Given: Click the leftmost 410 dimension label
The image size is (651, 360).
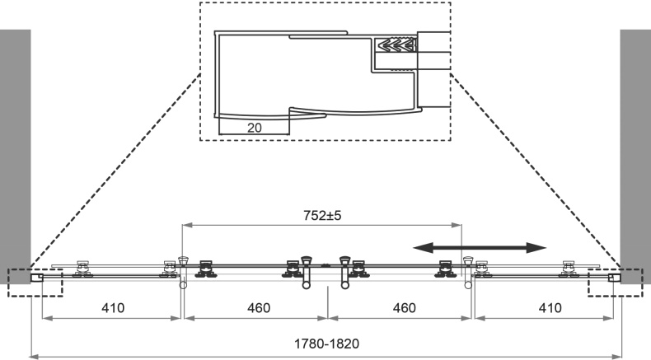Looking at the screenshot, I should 112,308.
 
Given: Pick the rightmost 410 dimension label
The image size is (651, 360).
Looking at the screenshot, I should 546,308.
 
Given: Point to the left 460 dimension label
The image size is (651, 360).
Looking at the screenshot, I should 255,308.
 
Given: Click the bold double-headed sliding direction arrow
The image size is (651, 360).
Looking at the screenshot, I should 480,247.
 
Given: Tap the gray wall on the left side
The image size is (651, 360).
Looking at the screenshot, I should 15,148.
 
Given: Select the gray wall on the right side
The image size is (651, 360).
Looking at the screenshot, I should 635,148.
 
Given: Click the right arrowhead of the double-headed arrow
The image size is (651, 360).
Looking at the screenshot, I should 537,247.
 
